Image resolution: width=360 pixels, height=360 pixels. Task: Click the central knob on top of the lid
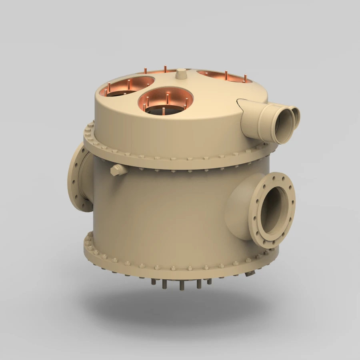(x=181, y=74)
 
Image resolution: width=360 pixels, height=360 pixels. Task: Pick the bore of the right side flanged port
(x=274, y=210)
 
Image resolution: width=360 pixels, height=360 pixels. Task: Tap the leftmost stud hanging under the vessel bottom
(x=154, y=282)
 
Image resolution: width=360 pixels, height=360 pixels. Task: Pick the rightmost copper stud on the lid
(x=245, y=77)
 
